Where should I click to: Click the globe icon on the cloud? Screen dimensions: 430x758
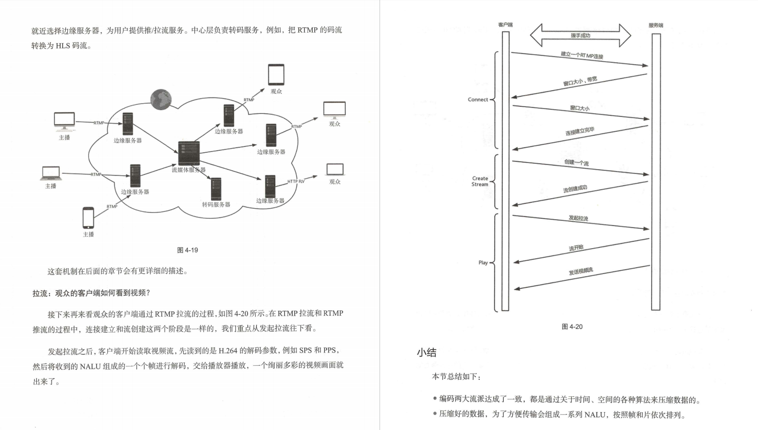point(161,99)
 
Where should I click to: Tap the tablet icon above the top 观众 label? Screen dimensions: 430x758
point(276,74)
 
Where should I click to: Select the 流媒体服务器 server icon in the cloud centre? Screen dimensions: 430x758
point(188,153)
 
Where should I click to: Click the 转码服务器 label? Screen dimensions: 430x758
point(216,204)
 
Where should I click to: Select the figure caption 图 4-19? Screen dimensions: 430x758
point(187,250)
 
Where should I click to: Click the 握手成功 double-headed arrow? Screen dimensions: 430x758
point(580,35)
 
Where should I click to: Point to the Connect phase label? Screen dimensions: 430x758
point(478,100)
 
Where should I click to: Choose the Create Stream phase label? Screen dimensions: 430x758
point(480,181)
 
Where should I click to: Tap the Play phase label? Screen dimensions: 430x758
point(483,262)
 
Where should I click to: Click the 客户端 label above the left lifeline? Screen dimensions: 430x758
point(505,25)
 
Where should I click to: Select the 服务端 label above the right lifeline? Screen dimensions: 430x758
point(655,25)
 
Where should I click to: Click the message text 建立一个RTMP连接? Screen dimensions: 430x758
point(582,55)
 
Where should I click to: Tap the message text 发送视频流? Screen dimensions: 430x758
point(581,271)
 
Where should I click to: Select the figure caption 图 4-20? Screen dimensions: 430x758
point(572,327)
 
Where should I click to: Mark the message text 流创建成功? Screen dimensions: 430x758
point(575,189)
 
